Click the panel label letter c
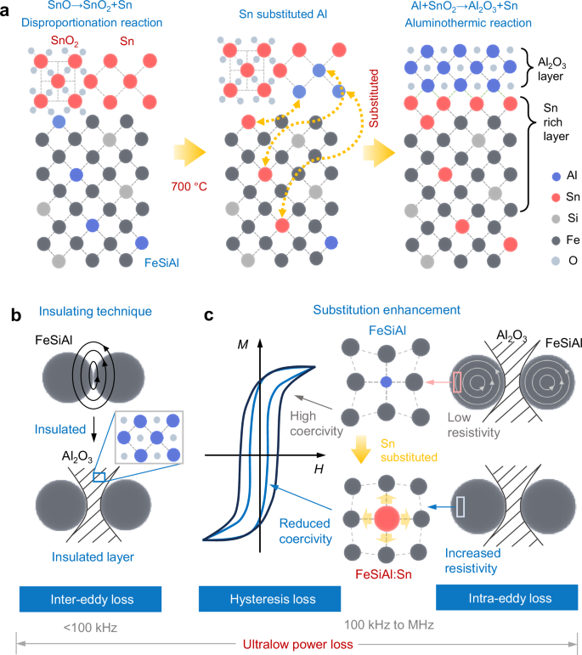[209, 294]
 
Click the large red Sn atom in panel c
[386, 519]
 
